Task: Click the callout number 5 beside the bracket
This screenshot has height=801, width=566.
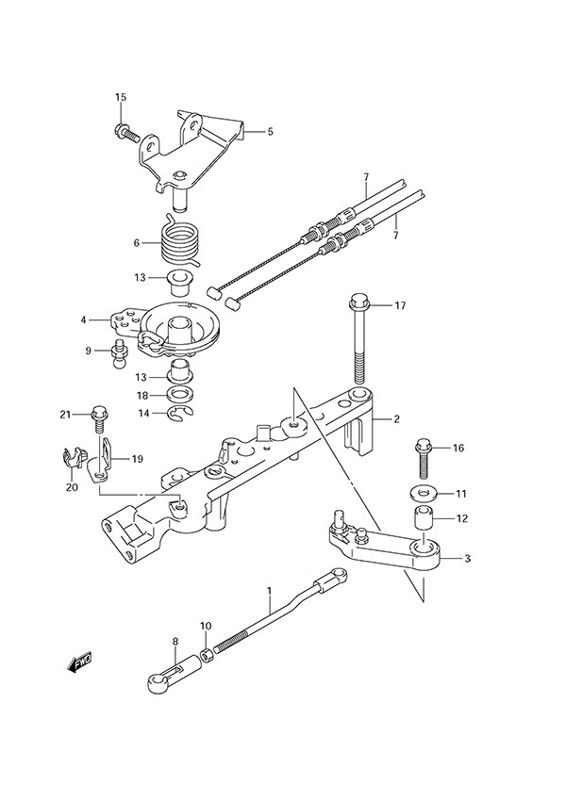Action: pyautogui.click(x=270, y=132)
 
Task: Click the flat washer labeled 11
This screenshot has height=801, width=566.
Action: pyautogui.click(x=421, y=493)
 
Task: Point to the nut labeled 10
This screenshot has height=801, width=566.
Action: pyautogui.click(x=207, y=652)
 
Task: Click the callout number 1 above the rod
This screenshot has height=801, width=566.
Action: pyautogui.click(x=269, y=592)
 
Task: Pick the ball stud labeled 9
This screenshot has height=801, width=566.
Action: pyautogui.click(x=120, y=355)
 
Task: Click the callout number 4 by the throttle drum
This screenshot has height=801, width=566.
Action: pyautogui.click(x=85, y=320)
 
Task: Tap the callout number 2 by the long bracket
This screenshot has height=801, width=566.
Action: pyautogui.click(x=397, y=417)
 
